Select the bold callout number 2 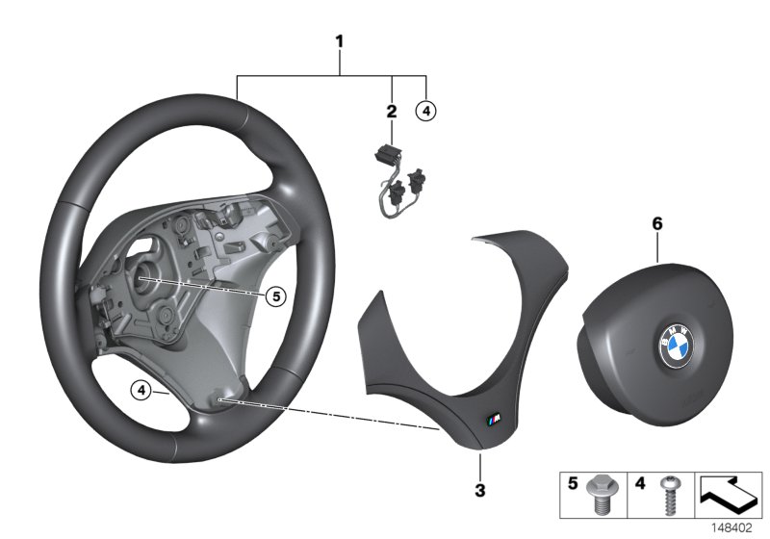click(392, 112)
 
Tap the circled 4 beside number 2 click(425, 111)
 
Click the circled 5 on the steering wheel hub click(275, 297)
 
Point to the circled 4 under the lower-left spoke click(141, 390)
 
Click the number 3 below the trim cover click(480, 491)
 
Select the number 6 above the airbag click(657, 223)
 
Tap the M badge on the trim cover click(492, 417)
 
